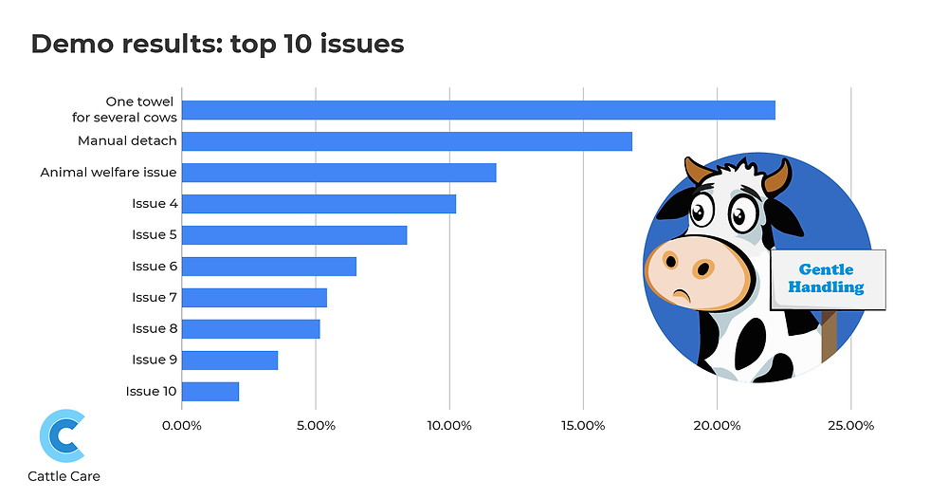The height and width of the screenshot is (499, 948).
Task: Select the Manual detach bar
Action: pyautogui.click(x=407, y=141)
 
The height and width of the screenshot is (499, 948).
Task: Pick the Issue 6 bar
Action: pyautogui.click(x=269, y=267)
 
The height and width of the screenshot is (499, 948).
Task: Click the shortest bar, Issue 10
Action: pyautogui.click(x=210, y=391)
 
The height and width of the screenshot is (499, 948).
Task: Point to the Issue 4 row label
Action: pyautogui.click(x=155, y=203)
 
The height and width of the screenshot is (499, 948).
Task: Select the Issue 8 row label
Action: pyautogui.click(x=155, y=328)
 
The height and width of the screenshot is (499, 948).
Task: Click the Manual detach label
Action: pyautogui.click(x=127, y=141)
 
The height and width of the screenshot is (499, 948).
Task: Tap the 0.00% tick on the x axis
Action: pyautogui.click(x=182, y=425)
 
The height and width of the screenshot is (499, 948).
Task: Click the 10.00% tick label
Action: pyautogui.click(x=449, y=425)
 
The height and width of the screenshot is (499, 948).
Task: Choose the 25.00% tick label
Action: pyautogui.click(x=850, y=425)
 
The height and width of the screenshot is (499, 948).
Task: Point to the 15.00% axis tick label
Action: pyautogui.click(x=583, y=425)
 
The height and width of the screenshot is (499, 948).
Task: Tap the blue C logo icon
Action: pyautogui.click(x=63, y=435)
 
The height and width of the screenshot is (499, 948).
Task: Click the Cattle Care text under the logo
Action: pyautogui.click(x=64, y=476)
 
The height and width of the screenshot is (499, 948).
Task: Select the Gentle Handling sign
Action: pyautogui.click(x=827, y=279)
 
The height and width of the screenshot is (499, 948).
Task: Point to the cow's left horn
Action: pyautogui.click(x=697, y=171)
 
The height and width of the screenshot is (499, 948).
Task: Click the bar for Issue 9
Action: pyautogui.click(x=230, y=360)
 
